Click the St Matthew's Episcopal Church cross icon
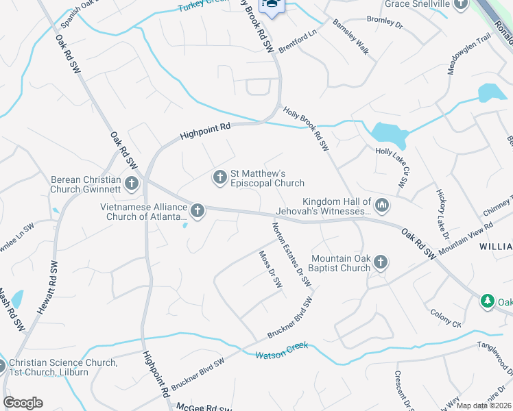tap(219, 177)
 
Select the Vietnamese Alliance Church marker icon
tap(198, 210)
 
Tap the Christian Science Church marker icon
tap(2, 367)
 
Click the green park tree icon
tap(487, 301)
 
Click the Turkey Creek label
tap(204, 7)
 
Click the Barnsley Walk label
tap(350, 47)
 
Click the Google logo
tap(23, 403)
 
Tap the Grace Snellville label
tap(416, 4)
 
